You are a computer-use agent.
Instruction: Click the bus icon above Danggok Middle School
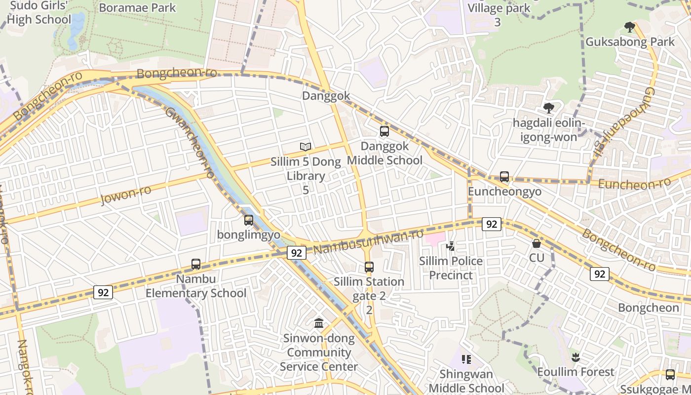384,131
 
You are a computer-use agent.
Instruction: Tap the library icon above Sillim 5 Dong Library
306,147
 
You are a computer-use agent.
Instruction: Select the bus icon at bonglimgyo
249,220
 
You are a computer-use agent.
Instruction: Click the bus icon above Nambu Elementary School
196,264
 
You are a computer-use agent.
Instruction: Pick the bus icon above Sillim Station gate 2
369,267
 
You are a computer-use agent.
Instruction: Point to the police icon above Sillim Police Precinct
450,246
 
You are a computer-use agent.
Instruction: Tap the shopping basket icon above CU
537,243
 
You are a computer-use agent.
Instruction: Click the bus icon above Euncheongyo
504,177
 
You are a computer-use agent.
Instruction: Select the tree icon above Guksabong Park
629,27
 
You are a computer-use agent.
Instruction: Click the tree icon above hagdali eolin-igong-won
548,108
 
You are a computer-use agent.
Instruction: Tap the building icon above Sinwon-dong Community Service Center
319,323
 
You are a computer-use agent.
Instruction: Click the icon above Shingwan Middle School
466,359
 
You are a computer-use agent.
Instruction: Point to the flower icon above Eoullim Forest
575,357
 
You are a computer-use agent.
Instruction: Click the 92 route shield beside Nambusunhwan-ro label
296,253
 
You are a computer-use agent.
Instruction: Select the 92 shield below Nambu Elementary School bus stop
103,292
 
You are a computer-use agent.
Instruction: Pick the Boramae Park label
137,8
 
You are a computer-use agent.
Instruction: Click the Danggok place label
326,96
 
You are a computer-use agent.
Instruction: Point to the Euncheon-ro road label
634,184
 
